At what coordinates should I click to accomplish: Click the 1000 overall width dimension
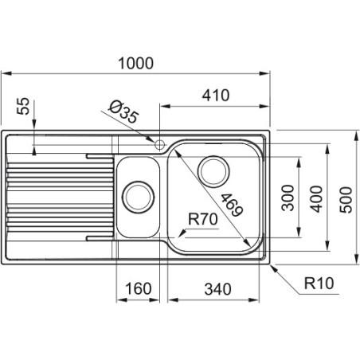135,64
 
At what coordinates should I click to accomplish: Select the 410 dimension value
216,96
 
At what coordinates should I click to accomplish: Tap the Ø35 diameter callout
123,112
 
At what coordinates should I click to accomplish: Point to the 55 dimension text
23,106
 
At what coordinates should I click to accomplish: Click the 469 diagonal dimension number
232,205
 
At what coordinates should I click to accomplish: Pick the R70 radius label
202,219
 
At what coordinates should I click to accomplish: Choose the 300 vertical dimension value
288,198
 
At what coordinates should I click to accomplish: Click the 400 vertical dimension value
316,199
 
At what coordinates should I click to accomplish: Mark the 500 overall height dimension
346,200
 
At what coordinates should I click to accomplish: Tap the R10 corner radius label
319,283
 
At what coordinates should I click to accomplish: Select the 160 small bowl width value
138,288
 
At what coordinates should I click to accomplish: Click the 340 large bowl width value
217,289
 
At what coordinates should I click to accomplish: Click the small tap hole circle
160,145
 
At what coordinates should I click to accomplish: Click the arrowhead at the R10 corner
273,268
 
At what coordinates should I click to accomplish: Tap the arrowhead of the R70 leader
182,233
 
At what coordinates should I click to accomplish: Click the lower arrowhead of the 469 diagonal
247,242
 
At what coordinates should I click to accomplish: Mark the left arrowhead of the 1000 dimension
6,73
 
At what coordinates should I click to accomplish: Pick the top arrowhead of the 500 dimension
356,135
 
